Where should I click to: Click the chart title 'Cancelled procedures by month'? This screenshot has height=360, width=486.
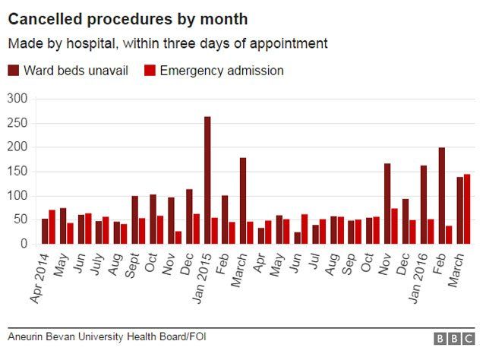pos(128,18)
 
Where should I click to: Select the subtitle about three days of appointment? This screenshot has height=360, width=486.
pos(168,43)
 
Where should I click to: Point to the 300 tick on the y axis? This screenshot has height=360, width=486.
pos(17,99)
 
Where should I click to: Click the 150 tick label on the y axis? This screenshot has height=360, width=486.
pos(17,172)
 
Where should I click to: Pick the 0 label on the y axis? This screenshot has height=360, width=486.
pos(24,244)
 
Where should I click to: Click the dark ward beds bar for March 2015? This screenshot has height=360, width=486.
pos(243,201)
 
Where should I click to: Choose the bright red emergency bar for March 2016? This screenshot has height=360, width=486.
pos(467,209)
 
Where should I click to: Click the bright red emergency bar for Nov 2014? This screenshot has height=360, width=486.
pos(178,238)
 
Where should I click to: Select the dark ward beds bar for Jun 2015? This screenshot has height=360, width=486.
pos(297,238)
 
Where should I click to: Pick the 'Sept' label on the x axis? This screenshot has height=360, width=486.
pos(131,266)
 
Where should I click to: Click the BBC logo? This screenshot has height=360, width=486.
pos(453,339)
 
